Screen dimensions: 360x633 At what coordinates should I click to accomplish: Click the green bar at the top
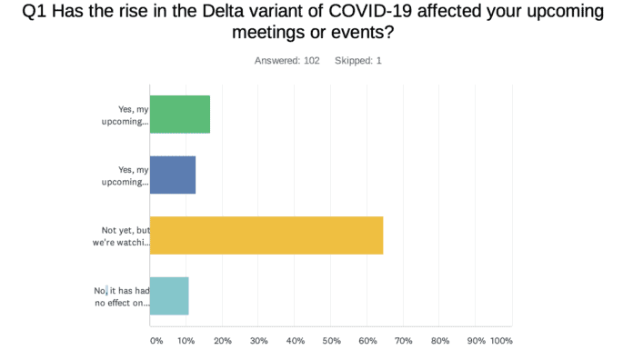pos(179,115)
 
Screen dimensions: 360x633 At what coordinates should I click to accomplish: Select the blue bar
pos(172,175)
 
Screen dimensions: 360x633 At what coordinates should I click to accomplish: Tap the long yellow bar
pos(266,235)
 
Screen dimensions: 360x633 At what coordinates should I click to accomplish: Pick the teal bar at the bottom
pos(168,295)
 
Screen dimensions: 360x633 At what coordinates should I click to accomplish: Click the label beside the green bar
pos(125,115)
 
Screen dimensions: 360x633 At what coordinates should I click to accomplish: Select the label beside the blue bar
pos(125,175)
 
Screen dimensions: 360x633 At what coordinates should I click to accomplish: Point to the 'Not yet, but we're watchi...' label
pos(125,236)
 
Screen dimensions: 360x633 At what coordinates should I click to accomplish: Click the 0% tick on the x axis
pos(156,341)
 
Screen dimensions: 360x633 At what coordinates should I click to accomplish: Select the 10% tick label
pos(186,341)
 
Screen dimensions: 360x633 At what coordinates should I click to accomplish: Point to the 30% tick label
pos(258,341)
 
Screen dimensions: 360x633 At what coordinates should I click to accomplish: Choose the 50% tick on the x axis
pos(331,341)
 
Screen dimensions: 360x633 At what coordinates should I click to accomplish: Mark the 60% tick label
pos(367,341)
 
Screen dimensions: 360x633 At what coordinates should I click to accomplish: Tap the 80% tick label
pos(440,341)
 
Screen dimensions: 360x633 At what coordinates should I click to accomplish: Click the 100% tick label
pos(501,341)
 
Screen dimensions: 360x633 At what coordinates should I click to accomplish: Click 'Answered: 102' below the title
pos(287,61)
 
